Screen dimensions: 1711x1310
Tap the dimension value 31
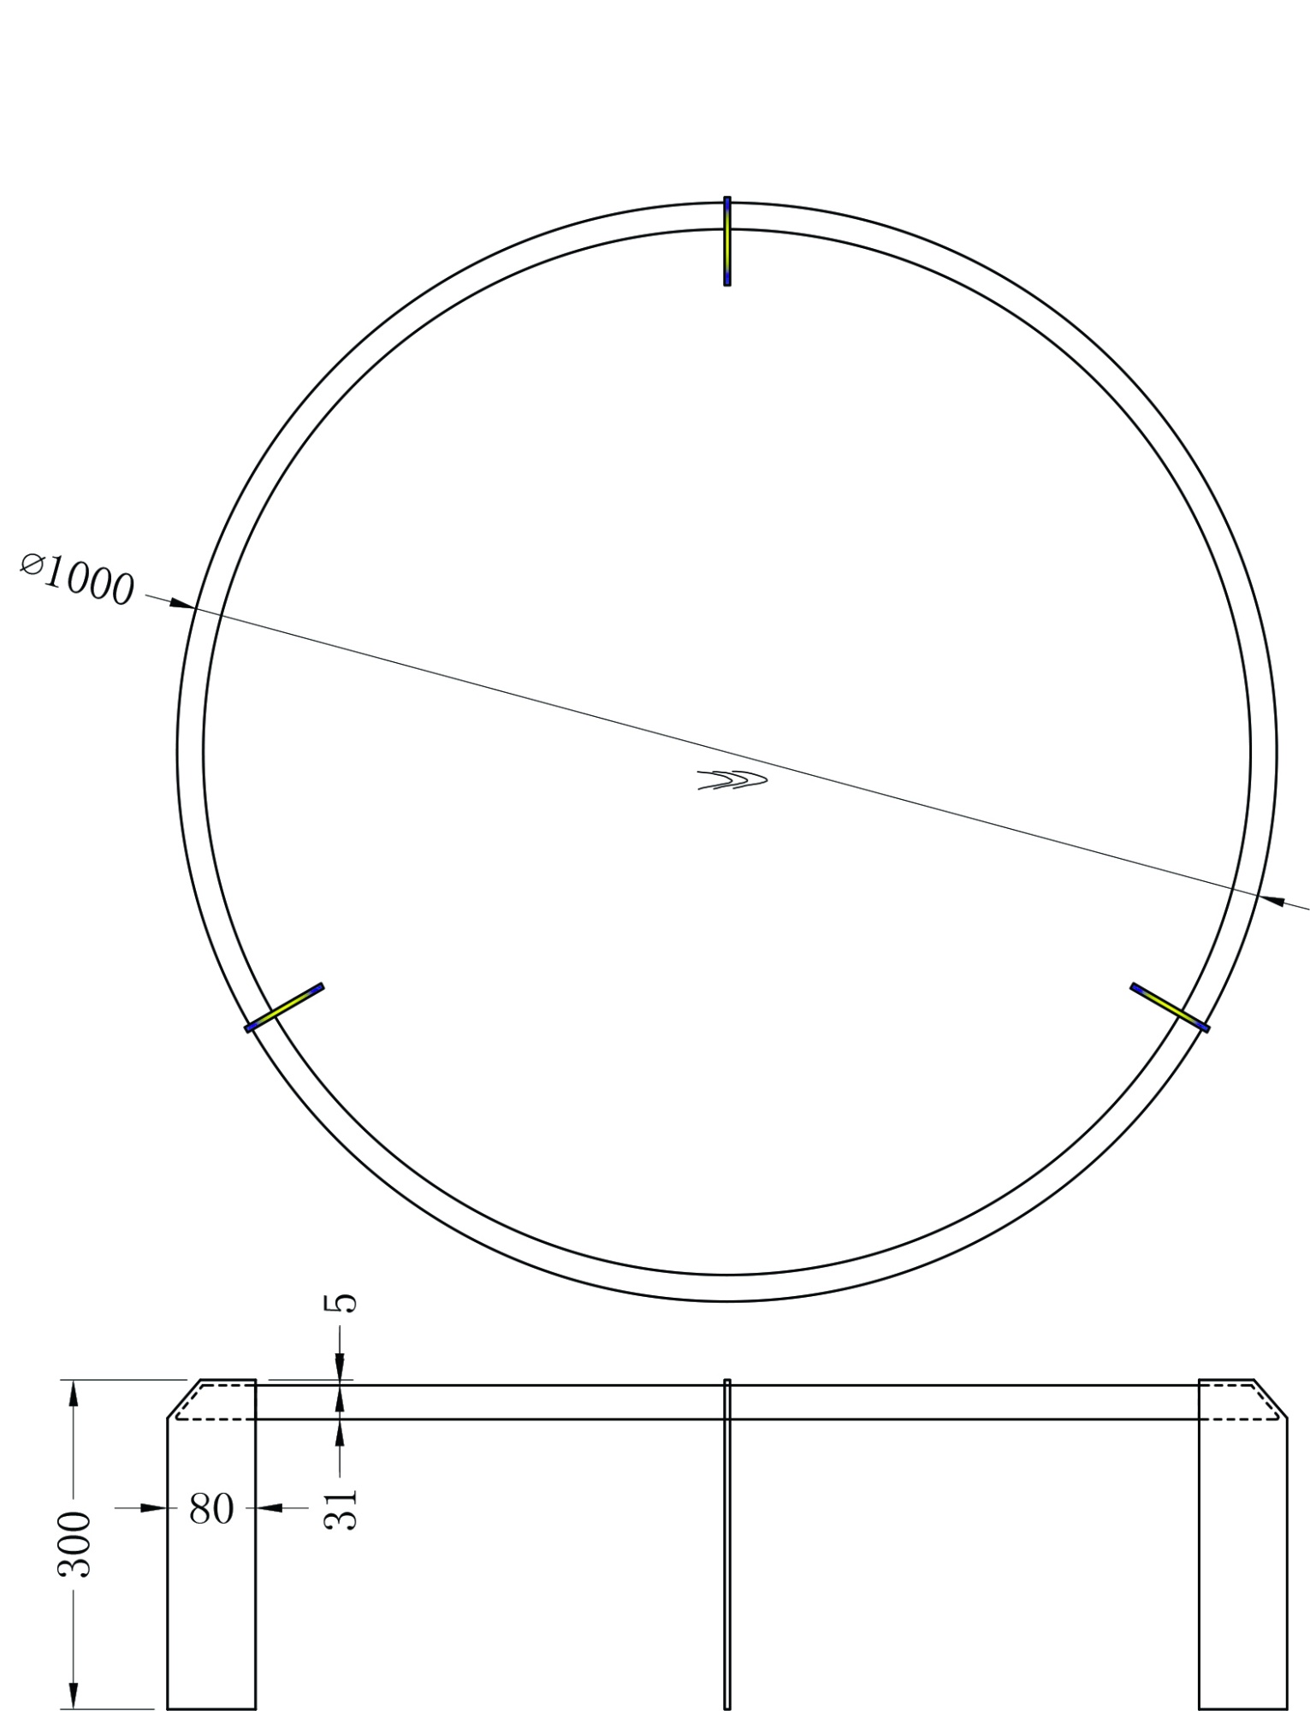pyautogui.click(x=341, y=1509)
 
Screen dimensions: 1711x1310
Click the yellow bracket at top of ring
pyautogui.click(x=727, y=242)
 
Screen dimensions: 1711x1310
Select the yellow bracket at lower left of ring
pyautogui.click(x=285, y=1008)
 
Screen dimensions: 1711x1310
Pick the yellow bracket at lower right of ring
pyautogui.click(x=1170, y=1008)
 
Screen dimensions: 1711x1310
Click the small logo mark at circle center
pyautogui.click(x=732, y=779)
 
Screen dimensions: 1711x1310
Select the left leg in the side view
pyautogui.click(x=211, y=1583)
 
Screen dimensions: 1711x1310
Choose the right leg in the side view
pyautogui.click(x=1242, y=1583)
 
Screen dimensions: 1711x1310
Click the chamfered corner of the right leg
pyautogui.click(x=1271, y=1399)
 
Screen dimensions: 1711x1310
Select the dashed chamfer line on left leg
pyautogui.click(x=188, y=1401)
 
